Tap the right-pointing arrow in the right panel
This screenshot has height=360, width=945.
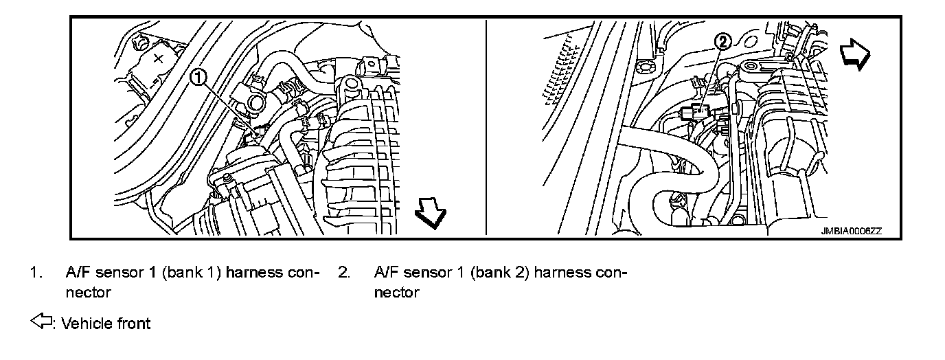coord(855,54)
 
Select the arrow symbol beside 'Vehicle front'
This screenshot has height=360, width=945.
coord(41,322)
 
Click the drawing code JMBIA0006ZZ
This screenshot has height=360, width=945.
coord(850,232)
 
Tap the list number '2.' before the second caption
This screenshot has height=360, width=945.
coord(343,273)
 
